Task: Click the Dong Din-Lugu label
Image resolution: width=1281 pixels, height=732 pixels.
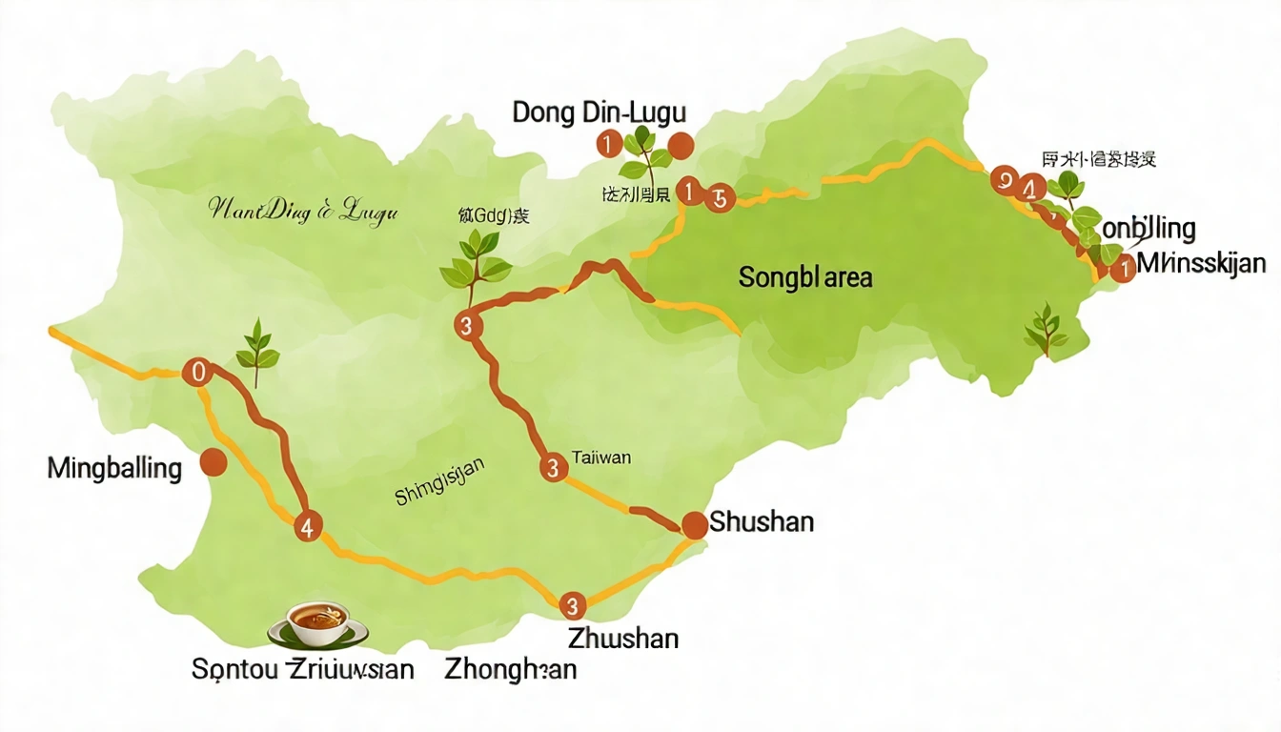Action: click(599, 112)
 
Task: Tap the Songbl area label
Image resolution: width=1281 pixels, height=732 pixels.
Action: click(805, 277)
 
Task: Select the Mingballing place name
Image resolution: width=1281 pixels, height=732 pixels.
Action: click(113, 469)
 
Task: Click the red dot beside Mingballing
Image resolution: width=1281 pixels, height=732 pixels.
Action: click(213, 463)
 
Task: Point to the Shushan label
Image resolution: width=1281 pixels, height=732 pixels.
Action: click(762, 522)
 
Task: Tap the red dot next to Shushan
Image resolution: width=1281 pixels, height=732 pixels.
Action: click(695, 523)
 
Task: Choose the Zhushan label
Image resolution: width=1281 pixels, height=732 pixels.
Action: click(622, 638)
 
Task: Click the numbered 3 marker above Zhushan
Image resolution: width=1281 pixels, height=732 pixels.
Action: click(572, 605)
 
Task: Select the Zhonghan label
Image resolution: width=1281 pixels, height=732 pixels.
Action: click(511, 669)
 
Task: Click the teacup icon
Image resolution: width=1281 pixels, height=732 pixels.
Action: click(317, 624)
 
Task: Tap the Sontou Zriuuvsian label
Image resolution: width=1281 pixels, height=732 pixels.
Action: click(303, 669)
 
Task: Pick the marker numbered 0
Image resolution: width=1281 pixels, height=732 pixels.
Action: click(198, 372)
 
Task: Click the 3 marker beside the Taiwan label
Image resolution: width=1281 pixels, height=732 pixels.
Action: click(552, 468)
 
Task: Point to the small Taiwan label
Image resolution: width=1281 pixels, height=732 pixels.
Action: click(601, 457)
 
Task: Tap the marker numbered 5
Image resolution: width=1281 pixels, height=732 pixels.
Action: click(718, 197)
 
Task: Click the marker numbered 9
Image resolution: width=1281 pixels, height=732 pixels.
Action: click(1004, 179)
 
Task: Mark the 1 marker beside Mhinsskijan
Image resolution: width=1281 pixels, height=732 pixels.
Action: click(1125, 269)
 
